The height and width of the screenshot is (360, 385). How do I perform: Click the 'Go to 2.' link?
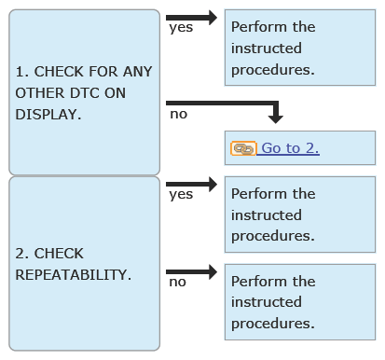click(x=290, y=148)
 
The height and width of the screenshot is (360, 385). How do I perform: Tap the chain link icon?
click(x=243, y=148)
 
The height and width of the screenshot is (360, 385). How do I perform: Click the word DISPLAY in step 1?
click(x=48, y=115)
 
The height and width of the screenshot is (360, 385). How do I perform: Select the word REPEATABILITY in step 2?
click(x=74, y=275)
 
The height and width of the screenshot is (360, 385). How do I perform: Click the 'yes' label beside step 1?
click(x=181, y=28)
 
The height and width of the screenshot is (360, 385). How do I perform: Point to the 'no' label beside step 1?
click(x=179, y=115)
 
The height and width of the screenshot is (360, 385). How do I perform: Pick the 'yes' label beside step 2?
click(x=181, y=195)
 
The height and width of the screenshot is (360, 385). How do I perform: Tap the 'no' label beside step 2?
click(x=178, y=283)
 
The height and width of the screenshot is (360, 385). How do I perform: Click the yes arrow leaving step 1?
click(x=191, y=18)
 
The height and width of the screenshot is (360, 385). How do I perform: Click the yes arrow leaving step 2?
click(x=191, y=185)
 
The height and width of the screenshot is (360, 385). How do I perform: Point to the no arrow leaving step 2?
click(x=191, y=272)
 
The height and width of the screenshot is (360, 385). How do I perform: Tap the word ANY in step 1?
click(x=137, y=72)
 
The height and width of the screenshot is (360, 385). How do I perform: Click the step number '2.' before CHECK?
click(x=22, y=254)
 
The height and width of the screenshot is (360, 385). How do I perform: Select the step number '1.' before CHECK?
click(x=22, y=72)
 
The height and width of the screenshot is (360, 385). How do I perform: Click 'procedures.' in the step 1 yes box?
click(x=273, y=70)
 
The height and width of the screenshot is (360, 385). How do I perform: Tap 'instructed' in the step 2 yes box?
click(x=267, y=215)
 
